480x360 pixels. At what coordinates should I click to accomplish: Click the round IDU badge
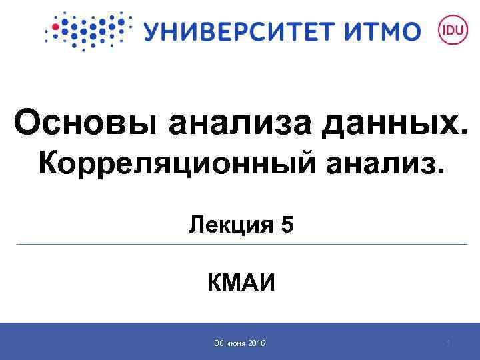coord(449,30)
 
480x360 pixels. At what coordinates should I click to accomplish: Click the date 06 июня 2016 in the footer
coord(239,343)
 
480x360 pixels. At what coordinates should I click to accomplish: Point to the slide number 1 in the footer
coord(449,343)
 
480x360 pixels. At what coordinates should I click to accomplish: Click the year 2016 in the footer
coord(256,343)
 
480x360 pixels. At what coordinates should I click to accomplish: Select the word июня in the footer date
coord(235,343)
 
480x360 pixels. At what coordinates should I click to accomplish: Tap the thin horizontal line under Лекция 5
coord(240,245)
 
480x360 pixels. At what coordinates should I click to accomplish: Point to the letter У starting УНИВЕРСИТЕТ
coord(152,31)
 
